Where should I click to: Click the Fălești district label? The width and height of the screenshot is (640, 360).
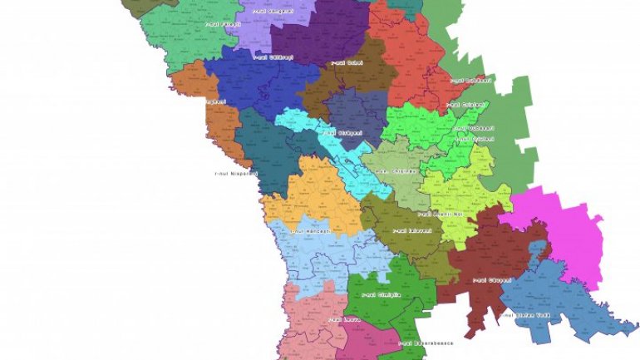[222, 24]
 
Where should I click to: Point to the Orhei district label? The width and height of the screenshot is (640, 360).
[344, 62]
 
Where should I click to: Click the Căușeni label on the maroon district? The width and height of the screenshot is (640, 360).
[491, 280]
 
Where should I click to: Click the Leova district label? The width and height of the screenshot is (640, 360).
[335, 318]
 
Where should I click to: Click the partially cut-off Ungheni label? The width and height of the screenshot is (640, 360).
[214, 101]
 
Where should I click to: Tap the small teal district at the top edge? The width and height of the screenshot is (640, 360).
[405, 7]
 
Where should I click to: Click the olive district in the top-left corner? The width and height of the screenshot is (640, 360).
[145, 5]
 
